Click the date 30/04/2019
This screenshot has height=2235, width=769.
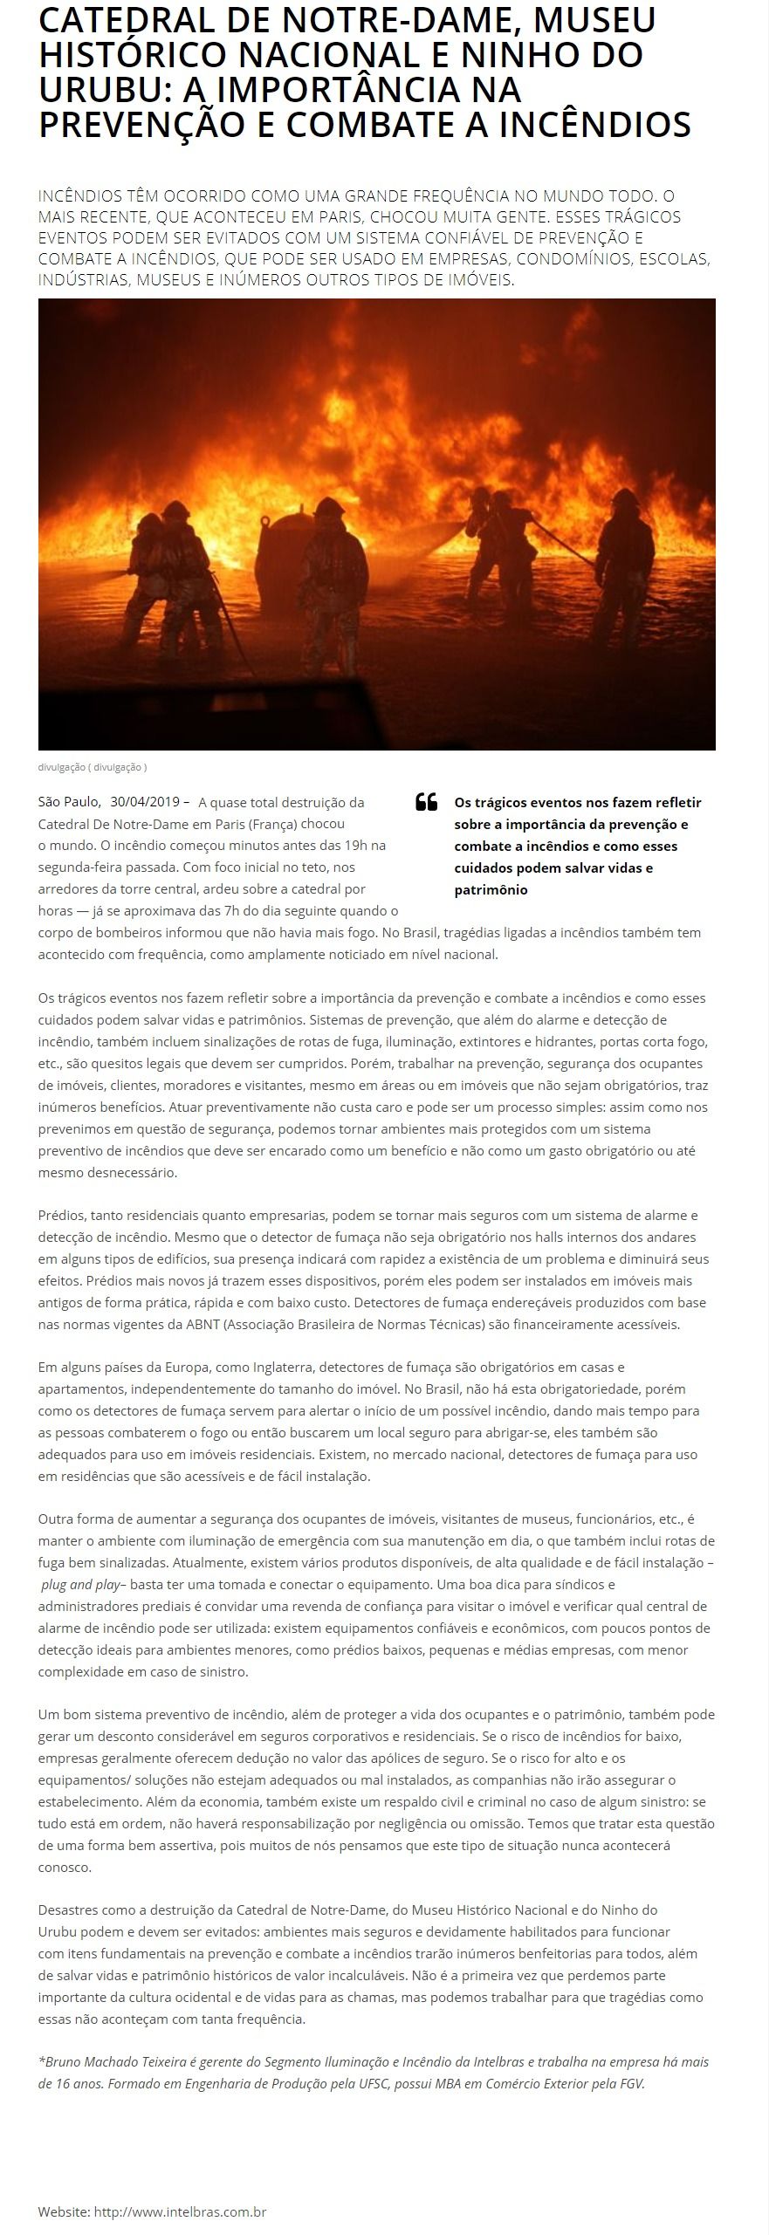point(145,801)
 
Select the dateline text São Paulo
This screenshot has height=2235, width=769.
point(69,801)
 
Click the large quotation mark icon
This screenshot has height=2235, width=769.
point(426,802)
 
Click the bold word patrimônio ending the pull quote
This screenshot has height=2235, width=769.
point(491,889)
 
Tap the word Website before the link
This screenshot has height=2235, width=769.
point(64,2211)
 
